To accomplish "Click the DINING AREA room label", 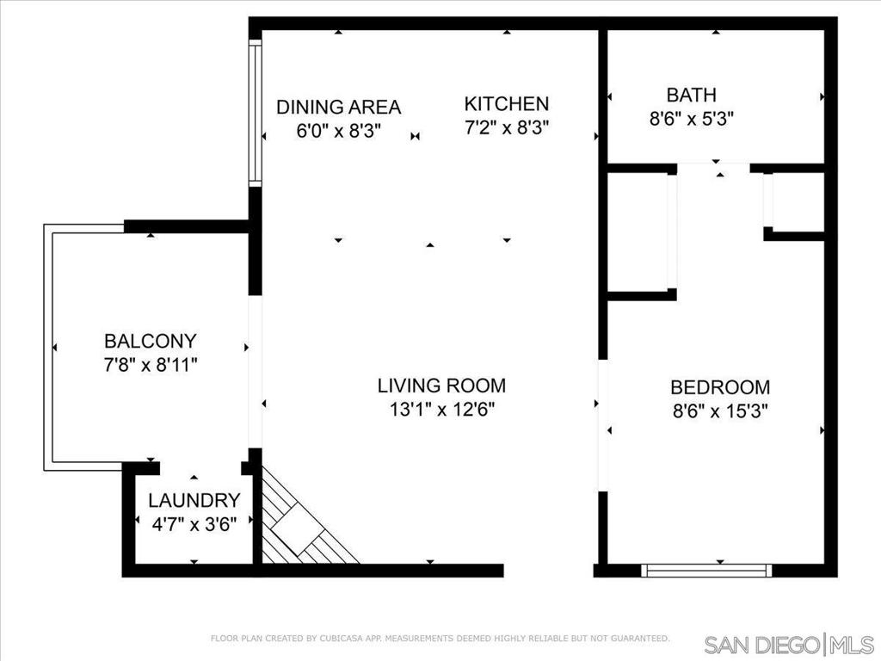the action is [339, 107].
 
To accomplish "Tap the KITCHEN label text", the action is [506, 103].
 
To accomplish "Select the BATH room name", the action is [691, 95].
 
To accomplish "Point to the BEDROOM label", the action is [720, 387].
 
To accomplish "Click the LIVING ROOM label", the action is [441, 386].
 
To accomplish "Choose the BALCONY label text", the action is [151, 341].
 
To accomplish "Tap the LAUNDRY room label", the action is [194, 500].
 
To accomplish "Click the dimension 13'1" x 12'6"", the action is [442, 410].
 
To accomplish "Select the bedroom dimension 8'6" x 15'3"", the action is [720, 411].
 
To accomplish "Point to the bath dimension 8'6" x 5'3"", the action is [692, 119].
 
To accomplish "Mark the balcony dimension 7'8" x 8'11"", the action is [151, 365].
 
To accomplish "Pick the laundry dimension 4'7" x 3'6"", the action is [194, 524].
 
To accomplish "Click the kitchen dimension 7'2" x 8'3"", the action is [506, 127].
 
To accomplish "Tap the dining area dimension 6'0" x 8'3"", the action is [339, 131].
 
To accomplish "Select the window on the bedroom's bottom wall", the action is [706, 571].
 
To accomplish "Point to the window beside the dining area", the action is [256, 113].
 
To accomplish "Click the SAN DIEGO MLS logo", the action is [789, 644].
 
